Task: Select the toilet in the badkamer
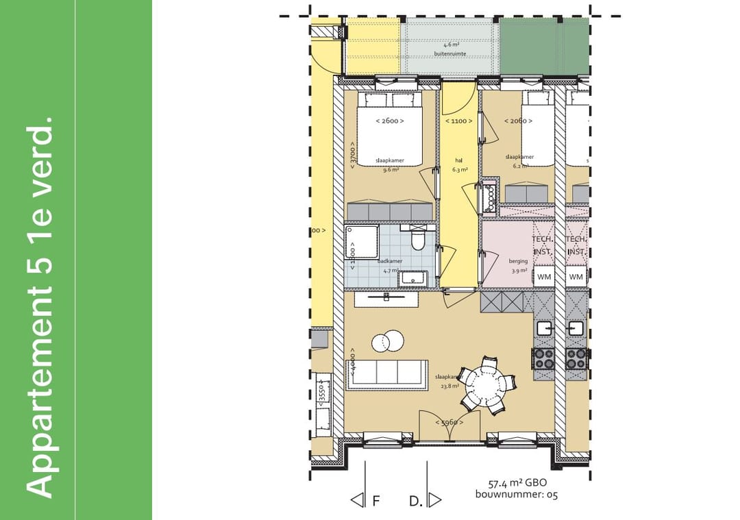417,240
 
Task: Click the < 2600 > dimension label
389,121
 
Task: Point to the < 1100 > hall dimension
458,121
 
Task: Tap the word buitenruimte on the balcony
450,53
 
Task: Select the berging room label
518,261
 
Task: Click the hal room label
459,160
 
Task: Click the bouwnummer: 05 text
517,495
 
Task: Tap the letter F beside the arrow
375,501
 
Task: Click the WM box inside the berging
544,277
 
